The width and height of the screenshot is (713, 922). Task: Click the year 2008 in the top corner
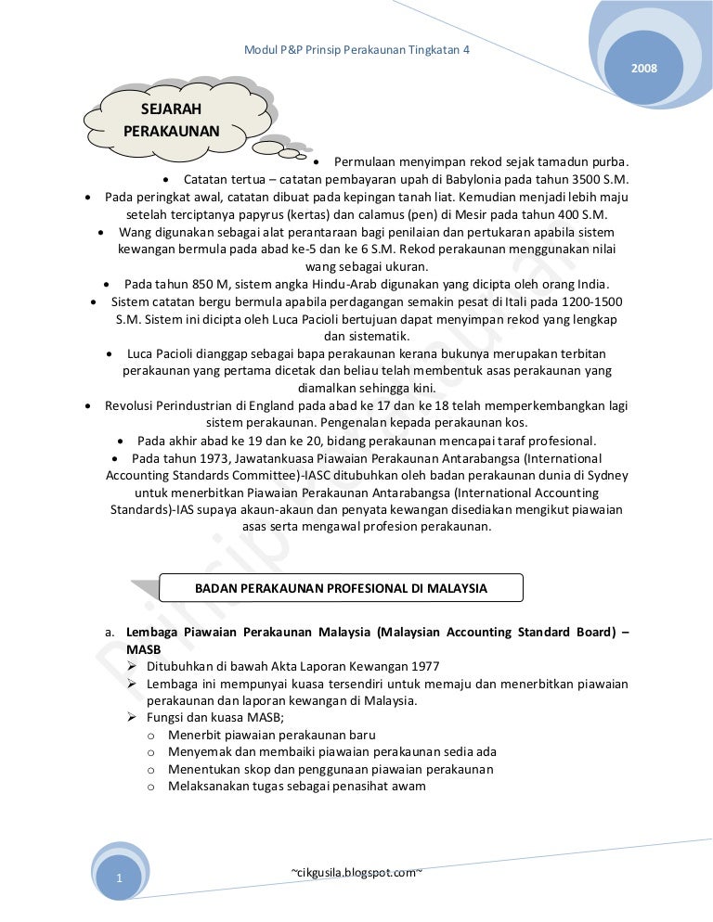pos(643,70)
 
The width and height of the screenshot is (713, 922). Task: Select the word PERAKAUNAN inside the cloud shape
pos(171,131)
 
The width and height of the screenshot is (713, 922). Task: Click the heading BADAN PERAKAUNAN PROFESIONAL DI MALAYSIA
pos(341,588)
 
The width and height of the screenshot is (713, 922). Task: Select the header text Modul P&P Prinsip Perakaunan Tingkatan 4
pos(356,49)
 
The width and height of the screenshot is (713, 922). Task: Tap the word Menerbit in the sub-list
pos(194,735)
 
